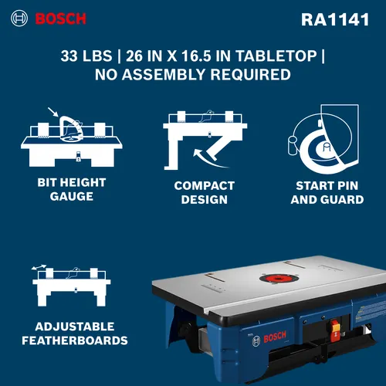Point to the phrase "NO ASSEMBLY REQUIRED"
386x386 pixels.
[192, 75]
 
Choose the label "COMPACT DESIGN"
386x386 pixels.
[204, 192]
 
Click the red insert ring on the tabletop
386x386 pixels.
[272, 279]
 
